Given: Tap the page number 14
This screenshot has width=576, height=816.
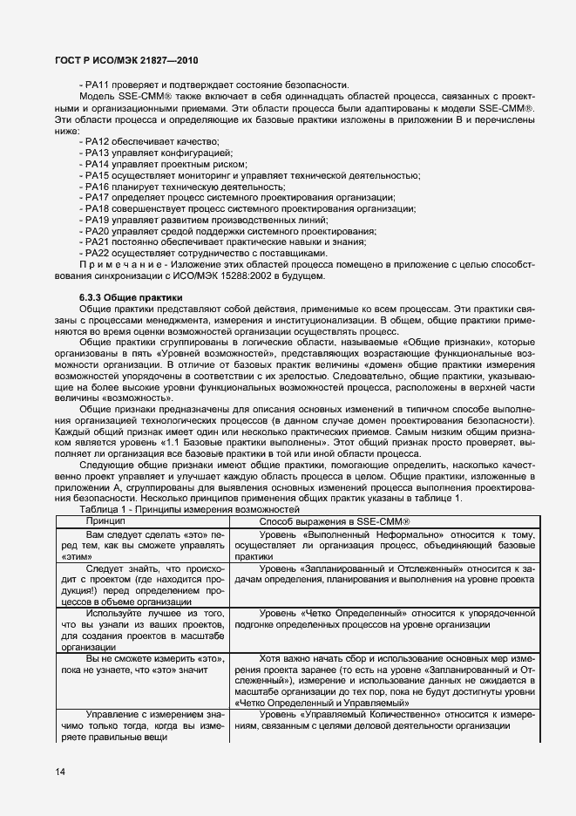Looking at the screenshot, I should [59, 770].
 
